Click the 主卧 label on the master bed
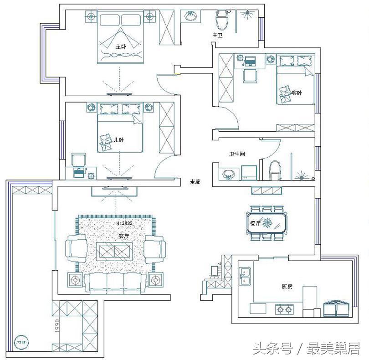[120, 46]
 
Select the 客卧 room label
[297, 93]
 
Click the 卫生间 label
[237, 154]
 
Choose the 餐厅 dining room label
[255, 224]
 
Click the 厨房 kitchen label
[287, 287]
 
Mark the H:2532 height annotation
[124, 224]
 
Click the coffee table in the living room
[115, 250]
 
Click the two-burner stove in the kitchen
[284, 310]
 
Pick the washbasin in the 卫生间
[227, 173]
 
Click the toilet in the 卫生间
[276, 170]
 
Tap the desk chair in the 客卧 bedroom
[249, 76]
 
